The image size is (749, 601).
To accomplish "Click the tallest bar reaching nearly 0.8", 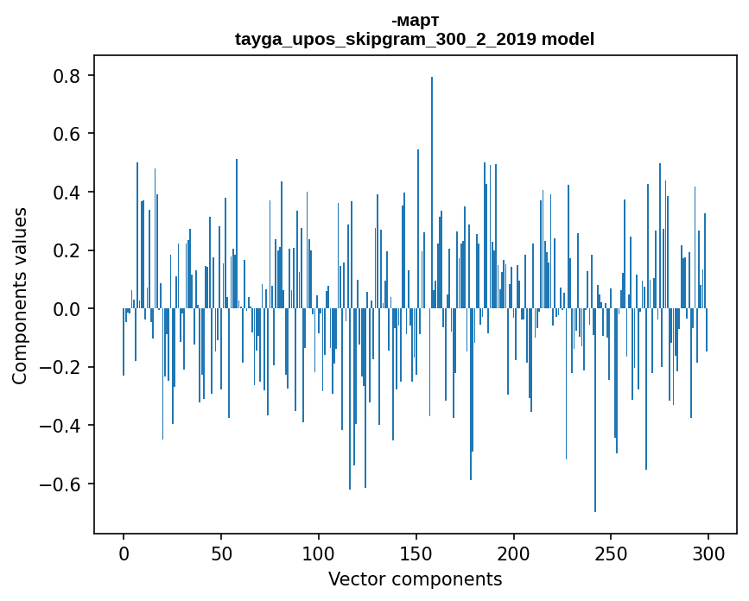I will tap(432, 190).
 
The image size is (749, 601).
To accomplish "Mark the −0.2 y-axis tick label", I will tap(60, 367).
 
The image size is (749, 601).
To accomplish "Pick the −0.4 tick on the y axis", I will tap(60, 426).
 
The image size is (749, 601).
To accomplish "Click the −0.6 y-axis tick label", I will tap(60, 484).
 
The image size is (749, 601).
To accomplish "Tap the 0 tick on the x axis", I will tap(124, 553).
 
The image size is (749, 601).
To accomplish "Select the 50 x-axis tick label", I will tap(221, 553).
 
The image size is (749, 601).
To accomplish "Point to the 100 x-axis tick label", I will tap(319, 553).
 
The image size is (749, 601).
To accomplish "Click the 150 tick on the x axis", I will tap(416, 553).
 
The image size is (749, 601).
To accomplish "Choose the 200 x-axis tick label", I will tap(514, 553).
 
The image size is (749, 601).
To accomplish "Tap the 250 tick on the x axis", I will tap(612, 553).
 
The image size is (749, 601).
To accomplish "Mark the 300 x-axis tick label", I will tap(709, 553).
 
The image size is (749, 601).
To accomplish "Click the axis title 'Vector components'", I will tap(415, 579).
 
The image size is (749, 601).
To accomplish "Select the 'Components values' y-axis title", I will tap(20, 295).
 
